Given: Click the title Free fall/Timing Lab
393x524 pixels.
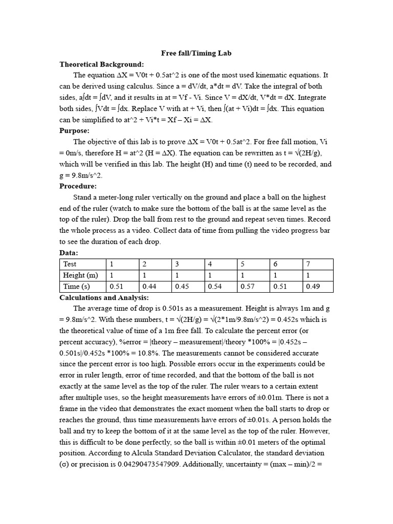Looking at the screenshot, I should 196,53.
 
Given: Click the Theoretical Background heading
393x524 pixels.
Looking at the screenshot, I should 101,64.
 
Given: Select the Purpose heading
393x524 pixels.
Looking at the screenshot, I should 74,131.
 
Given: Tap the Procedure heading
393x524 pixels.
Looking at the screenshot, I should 78,186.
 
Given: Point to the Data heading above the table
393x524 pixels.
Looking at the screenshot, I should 69,253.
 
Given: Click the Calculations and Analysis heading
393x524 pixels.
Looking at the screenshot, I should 104,297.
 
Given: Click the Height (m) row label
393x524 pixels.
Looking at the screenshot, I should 81,275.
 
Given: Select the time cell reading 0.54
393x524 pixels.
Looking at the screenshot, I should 214,287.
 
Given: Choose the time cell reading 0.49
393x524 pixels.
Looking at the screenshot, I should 313,287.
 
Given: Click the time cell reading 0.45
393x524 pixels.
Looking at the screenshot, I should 182,287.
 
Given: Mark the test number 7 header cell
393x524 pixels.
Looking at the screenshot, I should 308,264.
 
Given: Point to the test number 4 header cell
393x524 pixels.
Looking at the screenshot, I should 210,264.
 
